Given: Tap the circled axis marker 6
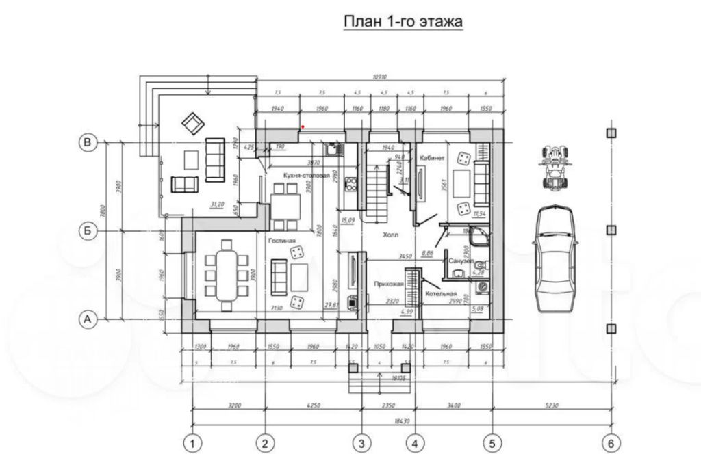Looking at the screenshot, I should (610, 442).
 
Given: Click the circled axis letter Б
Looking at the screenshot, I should (87, 231).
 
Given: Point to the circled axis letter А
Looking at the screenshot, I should (87, 318).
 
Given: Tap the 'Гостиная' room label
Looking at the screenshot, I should (281, 241).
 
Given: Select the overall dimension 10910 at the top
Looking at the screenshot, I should (380, 77).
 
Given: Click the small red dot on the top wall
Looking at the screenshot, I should (303, 126).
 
